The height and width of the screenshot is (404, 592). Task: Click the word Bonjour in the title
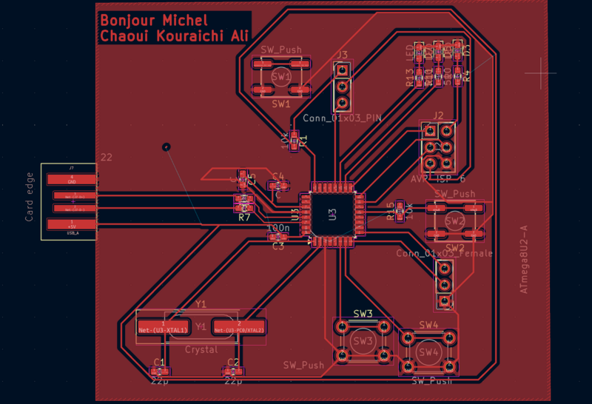(127, 20)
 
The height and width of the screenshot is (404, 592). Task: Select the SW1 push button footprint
(282, 78)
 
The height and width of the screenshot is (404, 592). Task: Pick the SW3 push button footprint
(363, 341)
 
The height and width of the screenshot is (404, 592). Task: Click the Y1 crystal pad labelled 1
(163, 327)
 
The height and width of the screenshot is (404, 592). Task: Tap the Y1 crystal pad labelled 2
(238, 327)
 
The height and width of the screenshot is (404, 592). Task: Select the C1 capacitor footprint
(159, 371)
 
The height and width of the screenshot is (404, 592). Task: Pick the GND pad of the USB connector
(72, 180)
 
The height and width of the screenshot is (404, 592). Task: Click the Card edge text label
(30, 197)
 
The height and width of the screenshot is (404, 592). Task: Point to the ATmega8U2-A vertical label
(523, 256)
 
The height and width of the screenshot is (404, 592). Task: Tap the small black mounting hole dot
(166, 147)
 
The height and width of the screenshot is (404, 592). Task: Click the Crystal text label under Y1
(201, 349)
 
